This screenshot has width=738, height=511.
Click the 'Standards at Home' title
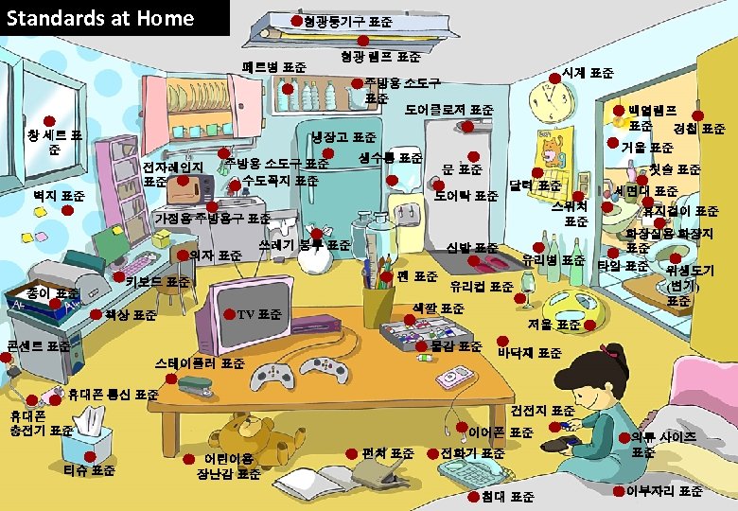(x=100, y=18)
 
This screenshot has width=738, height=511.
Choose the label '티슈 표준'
(x=89, y=469)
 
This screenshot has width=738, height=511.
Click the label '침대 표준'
(x=507, y=496)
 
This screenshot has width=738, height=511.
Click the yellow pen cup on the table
(x=378, y=303)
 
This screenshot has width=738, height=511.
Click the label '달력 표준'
(x=535, y=185)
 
